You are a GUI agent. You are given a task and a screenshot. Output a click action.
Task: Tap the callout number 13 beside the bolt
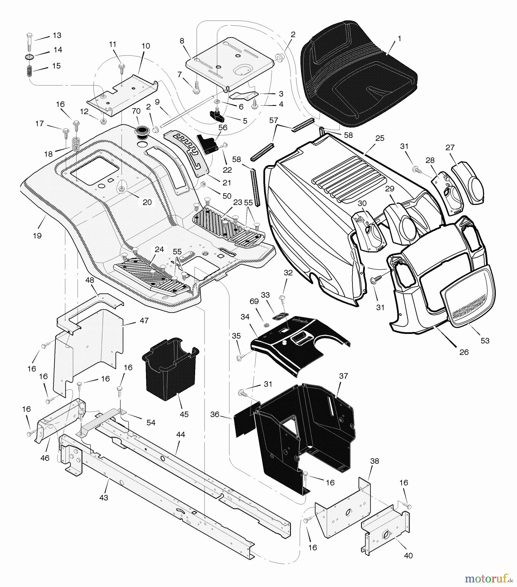click(x=57, y=35)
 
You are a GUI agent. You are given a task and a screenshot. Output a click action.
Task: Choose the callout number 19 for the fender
click(x=37, y=235)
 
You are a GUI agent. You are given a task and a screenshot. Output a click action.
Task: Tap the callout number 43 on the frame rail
click(x=104, y=498)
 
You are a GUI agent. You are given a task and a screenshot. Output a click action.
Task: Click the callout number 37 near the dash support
click(x=343, y=376)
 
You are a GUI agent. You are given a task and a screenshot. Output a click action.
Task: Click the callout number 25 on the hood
click(x=380, y=138)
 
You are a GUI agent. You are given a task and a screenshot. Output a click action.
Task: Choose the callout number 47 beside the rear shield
click(x=144, y=321)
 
